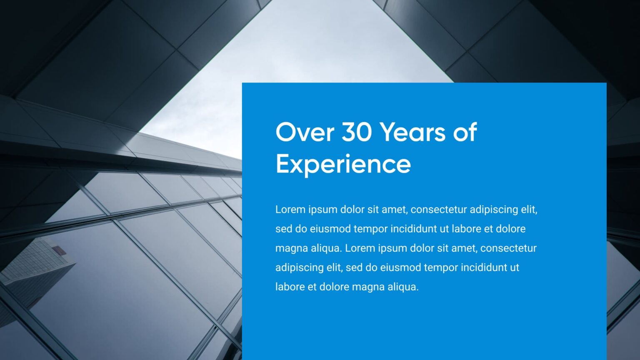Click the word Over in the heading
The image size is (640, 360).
pyautogui.click(x=305, y=132)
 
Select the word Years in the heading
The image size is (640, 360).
pyautogui.click(x=412, y=132)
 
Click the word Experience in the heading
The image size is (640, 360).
pyautogui.click(x=343, y=164)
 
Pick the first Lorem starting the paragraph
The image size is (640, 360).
pyautogui.click(x=290, y=209)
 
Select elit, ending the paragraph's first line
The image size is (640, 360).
pyautogui.click(x=529, y=209)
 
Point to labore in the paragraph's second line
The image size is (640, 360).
pyautogui.click(x=466, y=229)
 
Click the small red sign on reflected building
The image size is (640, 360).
pyautogui.click(x=58, y=250)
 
